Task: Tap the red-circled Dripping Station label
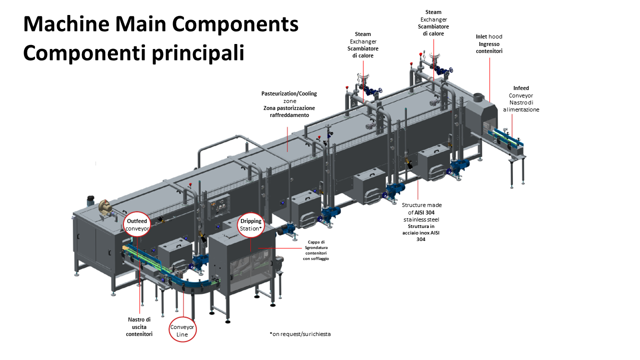pyautogui.click(x=250, y=224)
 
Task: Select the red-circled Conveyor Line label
pyautogui.click(x=182, y=330)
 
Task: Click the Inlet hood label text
pyautogui.click(x=489, y=44)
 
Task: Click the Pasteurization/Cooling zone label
pyautogui.click(x=289, y=104)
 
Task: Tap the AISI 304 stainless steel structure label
pyautogui.click(x=421, y=222)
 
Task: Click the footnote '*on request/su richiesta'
pyautogui.click(x=300, y=334)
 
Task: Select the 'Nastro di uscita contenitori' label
pyautogui.click(x=139, y=326)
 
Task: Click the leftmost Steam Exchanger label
pyautogui.click(x=363, y=45)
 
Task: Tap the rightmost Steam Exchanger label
pyautogui.click(x=433, y=23)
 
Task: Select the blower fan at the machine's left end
pyautogui.click(x=105, y=205)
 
